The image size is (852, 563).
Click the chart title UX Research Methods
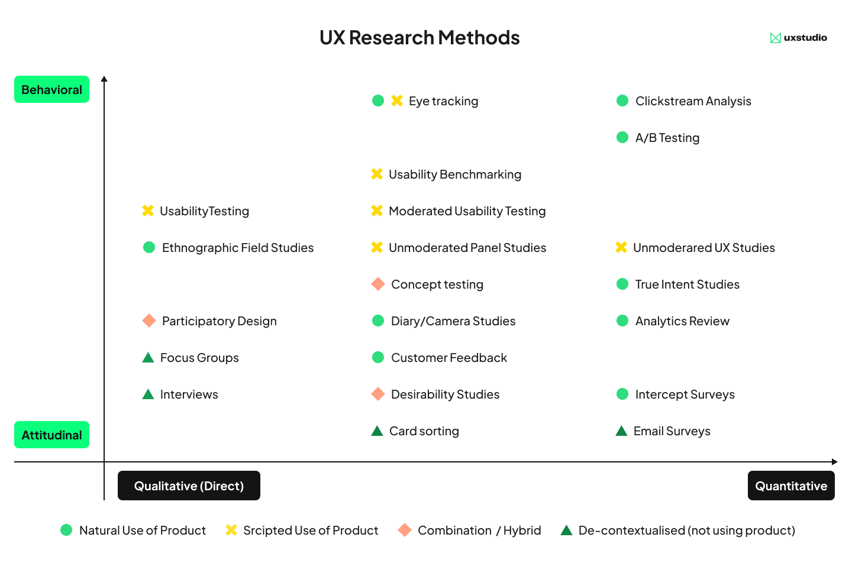pyautogui.click(x=419, y=38)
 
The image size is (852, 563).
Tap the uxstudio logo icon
pyautogui.click(x=775, y=38)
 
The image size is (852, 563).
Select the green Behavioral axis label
pyautogui.click(x=52, y=90)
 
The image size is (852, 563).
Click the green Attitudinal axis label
pyautogui.click(x=52, y=435)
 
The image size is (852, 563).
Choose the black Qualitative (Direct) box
pyautogui.click(x=189, y=486)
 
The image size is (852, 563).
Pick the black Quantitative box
pyautogui.click(x=791, y=486)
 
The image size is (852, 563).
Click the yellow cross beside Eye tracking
pyautogui.click(x=397, y=101)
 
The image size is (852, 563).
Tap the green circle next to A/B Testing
pyautogui.click(x=622, y=137)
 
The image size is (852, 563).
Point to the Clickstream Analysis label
pyautogui.click(x=693, y=101)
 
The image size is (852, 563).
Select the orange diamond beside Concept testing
pyautogui.click(x=378, y=284)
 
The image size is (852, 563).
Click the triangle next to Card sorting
pyautogui.click(x=377, y=431)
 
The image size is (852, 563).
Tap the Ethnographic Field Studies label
pyautogui.click(x=238, y=248)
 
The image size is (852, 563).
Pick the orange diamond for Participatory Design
pyautogui.click(x=149, y=321)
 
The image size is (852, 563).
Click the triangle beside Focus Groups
pyautogui.click(x=148, y=357)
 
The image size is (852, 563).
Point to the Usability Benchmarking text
pyautogui.click(x=455, y=174)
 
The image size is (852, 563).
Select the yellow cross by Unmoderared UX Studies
pyautogui.click(x=621, y=247)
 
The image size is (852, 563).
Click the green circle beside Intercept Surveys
pyautogui.click(x=622, y=394)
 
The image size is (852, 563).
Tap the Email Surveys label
pyautogui.click(x=672, y=431)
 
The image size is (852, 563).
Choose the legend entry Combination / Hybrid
pyautogui.click(x=479, y=530)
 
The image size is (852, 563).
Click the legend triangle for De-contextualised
pyautogui.click(x=566, y=530)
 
